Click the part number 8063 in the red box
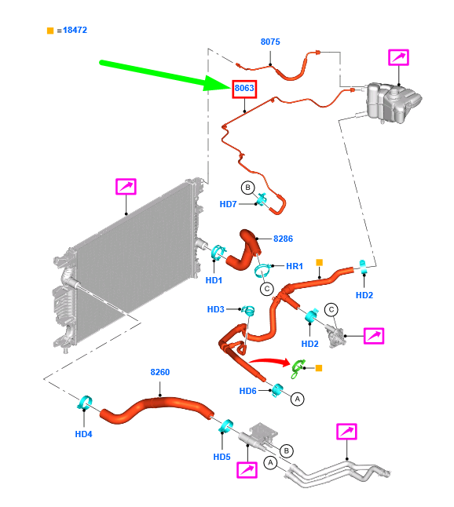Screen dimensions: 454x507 click(x=244, y=88)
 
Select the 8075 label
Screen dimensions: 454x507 click(x=270, y=42)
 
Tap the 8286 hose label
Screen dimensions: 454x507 click(x=283, y=239)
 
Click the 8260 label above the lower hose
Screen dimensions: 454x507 click(x=160, y=372)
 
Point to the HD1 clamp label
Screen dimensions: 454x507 click(x=214, y=280)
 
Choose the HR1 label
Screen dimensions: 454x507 click(x=295, y=266)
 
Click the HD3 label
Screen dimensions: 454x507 click(x=215, y=309)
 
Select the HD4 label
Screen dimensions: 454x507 click(x=83, y=434)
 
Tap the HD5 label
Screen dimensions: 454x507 click(x=222, y=457)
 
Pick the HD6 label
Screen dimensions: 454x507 click(x=247, y=391)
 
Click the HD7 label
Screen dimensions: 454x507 click(x=228, y=204)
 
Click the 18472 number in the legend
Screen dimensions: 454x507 click(x=75, y=30)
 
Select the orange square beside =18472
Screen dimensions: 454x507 click(x=50, y=31)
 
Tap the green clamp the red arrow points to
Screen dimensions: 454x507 click(x=298, y=368)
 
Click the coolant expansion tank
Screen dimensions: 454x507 click(x=391, y=103)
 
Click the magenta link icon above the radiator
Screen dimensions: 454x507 click(x=126, y=187)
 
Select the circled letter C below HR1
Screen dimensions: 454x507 click(x=267, y=289)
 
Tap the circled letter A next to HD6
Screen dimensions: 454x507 click(x=298, y=399)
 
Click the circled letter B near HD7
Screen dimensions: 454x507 click(x=248, y=188)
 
